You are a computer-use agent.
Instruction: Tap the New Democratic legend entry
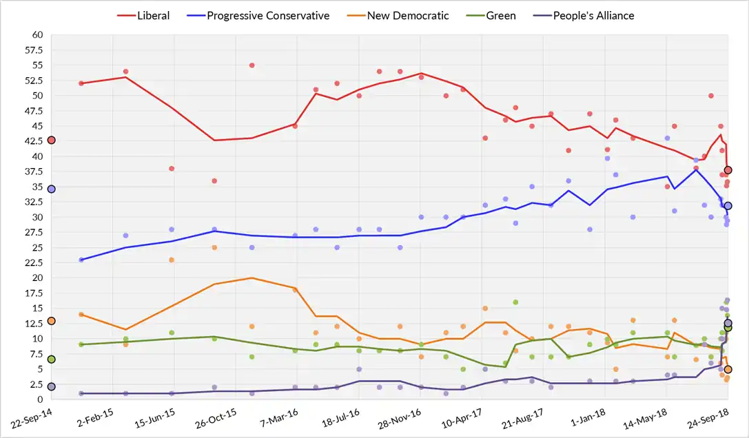[400, 15]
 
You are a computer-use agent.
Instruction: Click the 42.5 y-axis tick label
[33, 140]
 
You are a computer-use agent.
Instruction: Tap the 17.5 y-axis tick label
[33, 293]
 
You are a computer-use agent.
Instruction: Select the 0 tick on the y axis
[40, 399]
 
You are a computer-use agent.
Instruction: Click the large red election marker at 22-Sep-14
[51, 140]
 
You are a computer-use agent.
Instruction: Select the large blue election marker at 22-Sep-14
[51, 189]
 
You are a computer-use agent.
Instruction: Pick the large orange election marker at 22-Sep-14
[51, 321]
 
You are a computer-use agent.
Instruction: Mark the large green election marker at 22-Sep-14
[51, 359]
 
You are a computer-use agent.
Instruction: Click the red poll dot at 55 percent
[252, 65]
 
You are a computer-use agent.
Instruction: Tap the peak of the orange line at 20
[252, 278]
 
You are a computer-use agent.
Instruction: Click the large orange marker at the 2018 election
[728, 370]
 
